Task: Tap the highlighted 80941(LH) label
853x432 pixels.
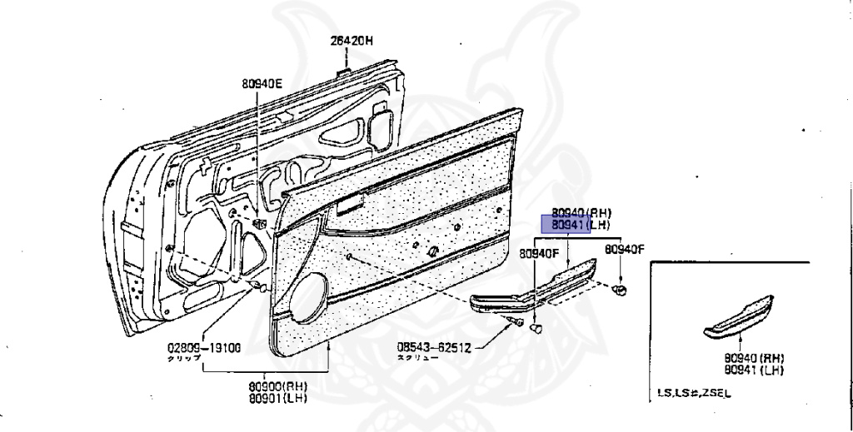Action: point(566,225)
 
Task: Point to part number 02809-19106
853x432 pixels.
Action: point(204,348)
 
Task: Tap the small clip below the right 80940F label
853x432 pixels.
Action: point(620,289)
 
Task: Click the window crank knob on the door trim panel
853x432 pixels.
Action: point(432,251)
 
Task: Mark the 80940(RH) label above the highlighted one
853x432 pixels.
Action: point(566,212)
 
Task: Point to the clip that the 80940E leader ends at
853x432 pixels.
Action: point(260,223)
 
